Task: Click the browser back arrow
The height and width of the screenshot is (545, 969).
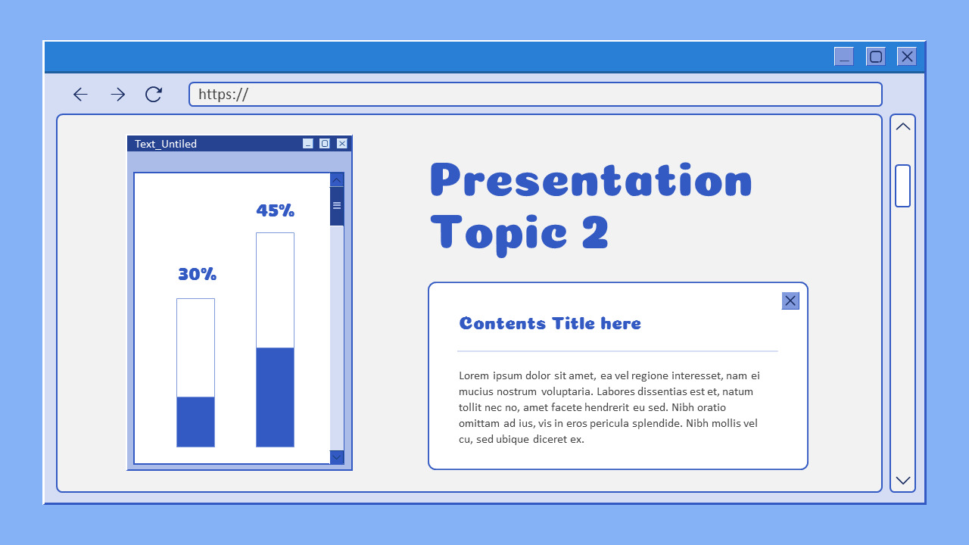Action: pos(80,95)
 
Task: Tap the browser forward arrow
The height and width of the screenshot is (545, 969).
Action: pos(117,95)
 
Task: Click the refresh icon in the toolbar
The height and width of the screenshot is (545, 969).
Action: pos(154,94)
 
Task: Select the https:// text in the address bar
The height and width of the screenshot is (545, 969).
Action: pos(223,95)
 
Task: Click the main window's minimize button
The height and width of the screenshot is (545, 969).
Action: pos(844,57)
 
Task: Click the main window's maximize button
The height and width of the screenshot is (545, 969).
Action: pos(876,57)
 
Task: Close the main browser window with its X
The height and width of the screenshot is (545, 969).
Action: pos(907,57)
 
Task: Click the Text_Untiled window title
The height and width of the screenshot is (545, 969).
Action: pos(166,144)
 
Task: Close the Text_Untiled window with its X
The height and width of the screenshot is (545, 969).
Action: pos(342,144)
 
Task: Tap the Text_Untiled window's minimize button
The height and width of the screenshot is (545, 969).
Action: pos(308,144)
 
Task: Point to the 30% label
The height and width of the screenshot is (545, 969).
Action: pos(198,274)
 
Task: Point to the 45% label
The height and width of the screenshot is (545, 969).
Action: pos(276,210)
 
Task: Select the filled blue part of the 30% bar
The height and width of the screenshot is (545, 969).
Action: pos(195,422)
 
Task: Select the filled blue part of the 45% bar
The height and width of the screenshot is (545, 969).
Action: pos(275,397)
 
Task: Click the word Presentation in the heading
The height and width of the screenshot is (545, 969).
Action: pos(590,181)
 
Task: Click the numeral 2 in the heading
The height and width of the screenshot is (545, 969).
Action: pos(595,232)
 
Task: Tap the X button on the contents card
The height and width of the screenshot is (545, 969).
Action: pos(790,301)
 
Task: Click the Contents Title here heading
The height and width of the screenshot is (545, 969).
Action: pos(550,323)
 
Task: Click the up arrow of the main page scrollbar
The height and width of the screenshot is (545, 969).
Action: pos(903,127)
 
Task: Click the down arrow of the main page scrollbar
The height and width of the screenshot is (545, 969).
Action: pos(903,480)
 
